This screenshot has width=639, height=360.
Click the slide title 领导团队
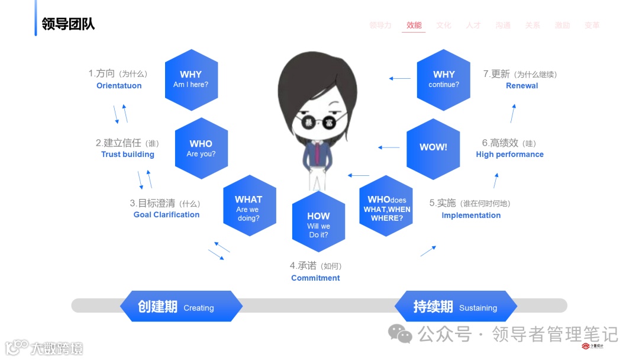68,24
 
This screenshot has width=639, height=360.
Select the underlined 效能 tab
414,25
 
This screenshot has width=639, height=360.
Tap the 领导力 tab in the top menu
380,25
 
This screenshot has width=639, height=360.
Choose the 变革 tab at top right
592,25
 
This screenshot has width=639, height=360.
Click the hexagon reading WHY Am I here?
191,79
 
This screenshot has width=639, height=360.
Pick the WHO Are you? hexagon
201,149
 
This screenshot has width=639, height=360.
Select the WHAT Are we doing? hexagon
249,205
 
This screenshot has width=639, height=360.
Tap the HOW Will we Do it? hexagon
318,221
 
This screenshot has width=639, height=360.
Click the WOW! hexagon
433,148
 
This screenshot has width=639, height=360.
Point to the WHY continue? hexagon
444,79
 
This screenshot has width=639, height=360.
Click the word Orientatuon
119,86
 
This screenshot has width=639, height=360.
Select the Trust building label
128,155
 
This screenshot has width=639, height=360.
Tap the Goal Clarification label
166,215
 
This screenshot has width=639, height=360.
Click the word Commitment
315,278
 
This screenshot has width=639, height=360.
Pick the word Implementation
471,216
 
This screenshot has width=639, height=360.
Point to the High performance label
509,155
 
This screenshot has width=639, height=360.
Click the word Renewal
522,86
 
